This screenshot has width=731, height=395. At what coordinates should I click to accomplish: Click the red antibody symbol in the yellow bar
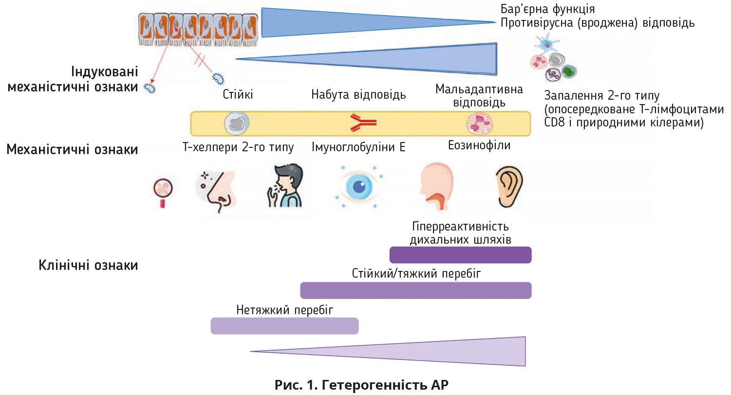(363, 124)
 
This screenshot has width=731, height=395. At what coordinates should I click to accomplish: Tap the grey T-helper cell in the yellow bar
(236, 124)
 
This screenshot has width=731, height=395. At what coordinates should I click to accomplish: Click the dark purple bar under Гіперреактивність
(460, 255)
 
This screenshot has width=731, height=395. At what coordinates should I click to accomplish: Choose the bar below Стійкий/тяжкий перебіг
(415, 290)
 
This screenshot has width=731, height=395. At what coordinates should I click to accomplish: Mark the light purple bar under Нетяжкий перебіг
(284, 326)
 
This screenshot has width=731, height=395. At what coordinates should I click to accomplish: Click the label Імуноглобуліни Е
(359, 147)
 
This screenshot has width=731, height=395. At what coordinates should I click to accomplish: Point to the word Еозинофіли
(479, 145)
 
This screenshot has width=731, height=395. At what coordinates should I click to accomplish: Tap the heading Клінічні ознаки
(88, 266)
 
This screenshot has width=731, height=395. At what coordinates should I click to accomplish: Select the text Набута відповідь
(358, 94)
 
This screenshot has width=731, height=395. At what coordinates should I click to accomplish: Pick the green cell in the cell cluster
(568, 72)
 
